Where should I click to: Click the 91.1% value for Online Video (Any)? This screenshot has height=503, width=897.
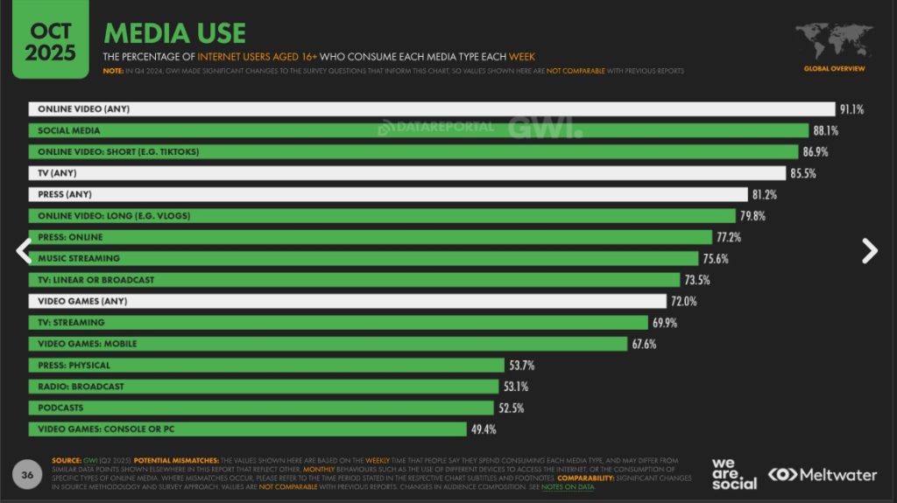[851, 109]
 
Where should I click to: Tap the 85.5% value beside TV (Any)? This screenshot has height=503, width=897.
[802, 173]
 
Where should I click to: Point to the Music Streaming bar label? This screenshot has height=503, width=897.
[79, 259]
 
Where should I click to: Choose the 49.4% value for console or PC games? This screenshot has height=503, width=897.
[484, 430]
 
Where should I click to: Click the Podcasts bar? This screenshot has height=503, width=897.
[262, 409]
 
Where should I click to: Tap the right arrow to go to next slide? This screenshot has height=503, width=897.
[869, 251]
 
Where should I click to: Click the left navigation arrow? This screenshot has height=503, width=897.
[24, 251]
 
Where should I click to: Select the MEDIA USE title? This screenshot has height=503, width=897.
[174, 32]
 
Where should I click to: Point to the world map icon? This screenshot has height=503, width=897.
[833, 41]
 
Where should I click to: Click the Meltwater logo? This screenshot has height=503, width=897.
[823, 475]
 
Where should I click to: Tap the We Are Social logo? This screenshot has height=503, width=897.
[734, 473]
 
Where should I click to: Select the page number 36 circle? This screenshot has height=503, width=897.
[27, 475]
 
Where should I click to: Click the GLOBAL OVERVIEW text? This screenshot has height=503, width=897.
[834, 68]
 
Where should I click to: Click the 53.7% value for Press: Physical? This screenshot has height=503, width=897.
[523, 366]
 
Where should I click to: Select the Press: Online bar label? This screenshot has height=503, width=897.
[70, 237]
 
